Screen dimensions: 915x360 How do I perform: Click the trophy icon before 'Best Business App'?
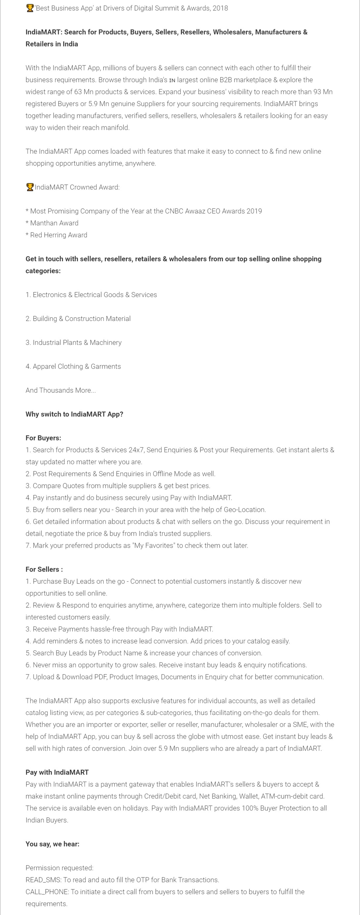(30, 8)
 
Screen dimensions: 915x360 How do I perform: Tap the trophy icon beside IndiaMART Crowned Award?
(30, 187)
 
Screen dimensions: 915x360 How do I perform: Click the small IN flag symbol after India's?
(172, 80)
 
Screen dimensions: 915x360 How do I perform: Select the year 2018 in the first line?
(220, 8)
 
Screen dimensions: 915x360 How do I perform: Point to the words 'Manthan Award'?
(54, 223)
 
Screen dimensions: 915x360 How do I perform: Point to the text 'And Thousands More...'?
(60, 390)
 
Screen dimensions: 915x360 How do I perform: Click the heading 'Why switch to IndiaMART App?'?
(74, 414)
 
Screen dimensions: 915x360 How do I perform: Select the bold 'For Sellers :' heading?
(44, 570)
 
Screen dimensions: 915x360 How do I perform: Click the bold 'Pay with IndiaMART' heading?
(57, 772)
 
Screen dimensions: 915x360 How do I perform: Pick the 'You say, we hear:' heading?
(52, 844)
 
